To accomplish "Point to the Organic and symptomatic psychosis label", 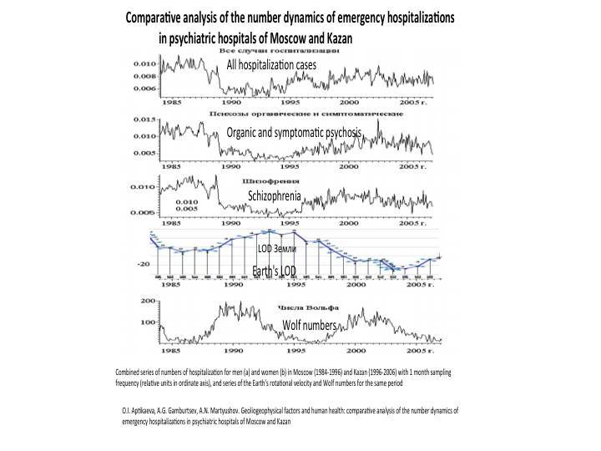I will pos(294,133).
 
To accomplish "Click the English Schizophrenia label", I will pos(274,195).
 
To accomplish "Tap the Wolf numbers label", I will pos(309,324).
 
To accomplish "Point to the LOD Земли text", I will pos(276,249).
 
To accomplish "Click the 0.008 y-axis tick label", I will pos(144,75).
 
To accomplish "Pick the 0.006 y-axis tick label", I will pos(144,89).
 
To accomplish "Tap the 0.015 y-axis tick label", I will pos(144,119).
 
